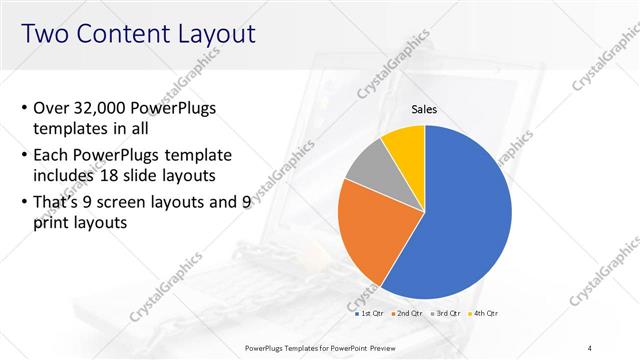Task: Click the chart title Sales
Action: pos(425,110)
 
